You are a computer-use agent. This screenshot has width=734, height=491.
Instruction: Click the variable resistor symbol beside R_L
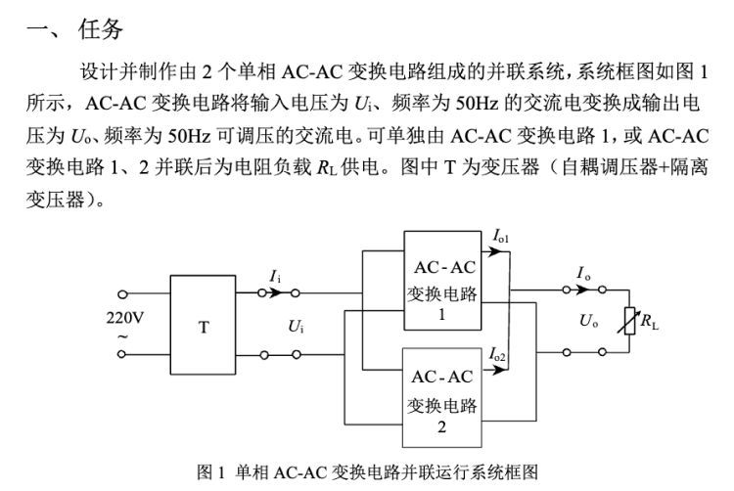pos(629,321)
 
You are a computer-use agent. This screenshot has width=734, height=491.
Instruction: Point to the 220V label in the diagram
pos(124,318)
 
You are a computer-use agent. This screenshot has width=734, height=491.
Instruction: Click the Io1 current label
pos(501,236)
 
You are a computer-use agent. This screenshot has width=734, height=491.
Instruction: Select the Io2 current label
pos(497,354)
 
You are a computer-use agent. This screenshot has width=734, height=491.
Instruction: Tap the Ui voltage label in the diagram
pos(296,326)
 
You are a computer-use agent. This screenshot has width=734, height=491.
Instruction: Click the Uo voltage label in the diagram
pos(588,321)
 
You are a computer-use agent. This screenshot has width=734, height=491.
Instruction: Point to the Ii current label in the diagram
pos(275,277)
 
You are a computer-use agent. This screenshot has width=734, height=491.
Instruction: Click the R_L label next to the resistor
pos(649,322)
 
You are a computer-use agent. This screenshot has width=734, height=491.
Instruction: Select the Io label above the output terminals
pos(583,273)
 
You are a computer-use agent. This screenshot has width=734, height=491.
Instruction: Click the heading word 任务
pos(100,29)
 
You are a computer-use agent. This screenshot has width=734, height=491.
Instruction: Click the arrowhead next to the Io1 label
pos(495,252)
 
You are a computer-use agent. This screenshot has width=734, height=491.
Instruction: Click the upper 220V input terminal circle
pos(122,294)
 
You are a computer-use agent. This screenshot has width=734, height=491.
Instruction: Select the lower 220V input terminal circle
pos(121,354)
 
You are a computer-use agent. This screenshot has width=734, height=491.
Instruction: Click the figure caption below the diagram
pos(367,471)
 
